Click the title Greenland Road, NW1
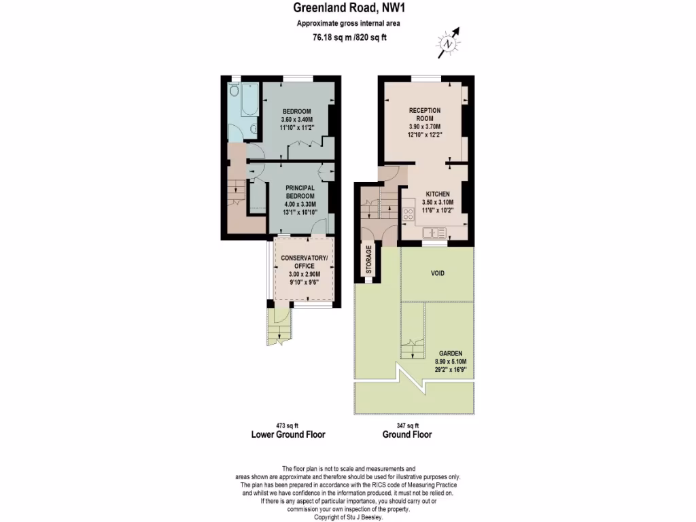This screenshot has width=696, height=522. point(348,9)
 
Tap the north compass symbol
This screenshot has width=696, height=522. point(448,43)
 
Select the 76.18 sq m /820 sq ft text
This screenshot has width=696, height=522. point(348,38)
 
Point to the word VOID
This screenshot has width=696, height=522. point(438,273)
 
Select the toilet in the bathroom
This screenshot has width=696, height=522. point(233,91)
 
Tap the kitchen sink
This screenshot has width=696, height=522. point(432,232)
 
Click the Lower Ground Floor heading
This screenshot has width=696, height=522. point(288,435)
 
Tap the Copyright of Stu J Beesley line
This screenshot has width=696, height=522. point(348,517)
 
